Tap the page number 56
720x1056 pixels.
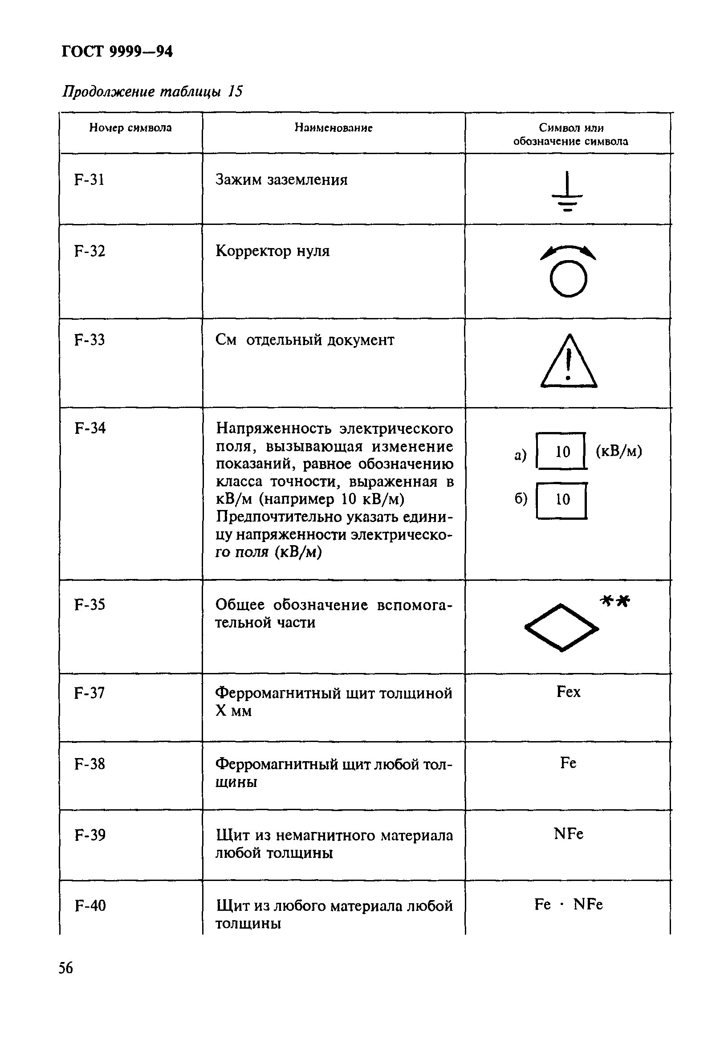tap(65, 968)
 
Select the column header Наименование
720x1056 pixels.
tap(334, 128)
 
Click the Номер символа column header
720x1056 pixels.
tap(130, 128)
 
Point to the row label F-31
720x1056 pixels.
tap(89, 180)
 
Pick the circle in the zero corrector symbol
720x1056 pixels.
tap(568, 278)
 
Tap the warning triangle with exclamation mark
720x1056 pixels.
tap(568, 362)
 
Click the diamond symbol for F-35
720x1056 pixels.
tap(561, 628)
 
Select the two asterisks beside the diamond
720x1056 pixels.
tap(615, 602)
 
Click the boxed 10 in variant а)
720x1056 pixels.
tap(562, 451)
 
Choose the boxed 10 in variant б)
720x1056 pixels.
tap(562, 500)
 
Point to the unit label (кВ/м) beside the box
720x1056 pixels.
tap(618, 451)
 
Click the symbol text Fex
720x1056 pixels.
tap(568, 692)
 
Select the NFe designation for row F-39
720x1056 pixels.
tap(568, 834)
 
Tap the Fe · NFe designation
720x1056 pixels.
tap(568, 905)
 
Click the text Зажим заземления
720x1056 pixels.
tap(281, 180)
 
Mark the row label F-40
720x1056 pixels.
tap(90, 905)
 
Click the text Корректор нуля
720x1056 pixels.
tap(272, 251)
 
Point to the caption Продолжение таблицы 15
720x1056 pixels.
tap(152, 92)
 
